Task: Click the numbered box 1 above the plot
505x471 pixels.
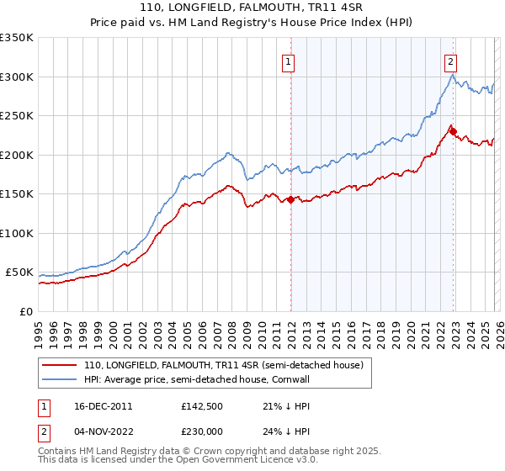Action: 288,61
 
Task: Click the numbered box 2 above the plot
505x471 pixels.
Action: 451,61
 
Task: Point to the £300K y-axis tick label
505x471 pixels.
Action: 17,77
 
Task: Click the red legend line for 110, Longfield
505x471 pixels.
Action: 60,366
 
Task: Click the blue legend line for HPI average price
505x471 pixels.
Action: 60,380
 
